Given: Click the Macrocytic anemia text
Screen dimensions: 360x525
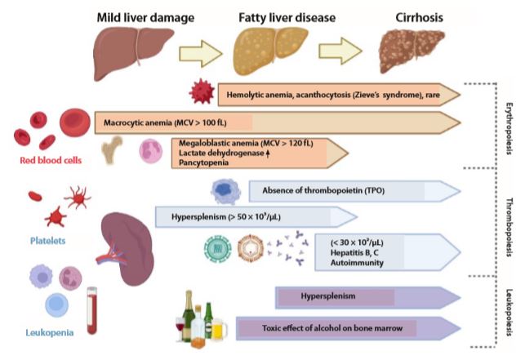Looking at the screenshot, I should point(150,124).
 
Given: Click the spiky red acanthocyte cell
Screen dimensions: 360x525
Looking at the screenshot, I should point(199,95).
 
